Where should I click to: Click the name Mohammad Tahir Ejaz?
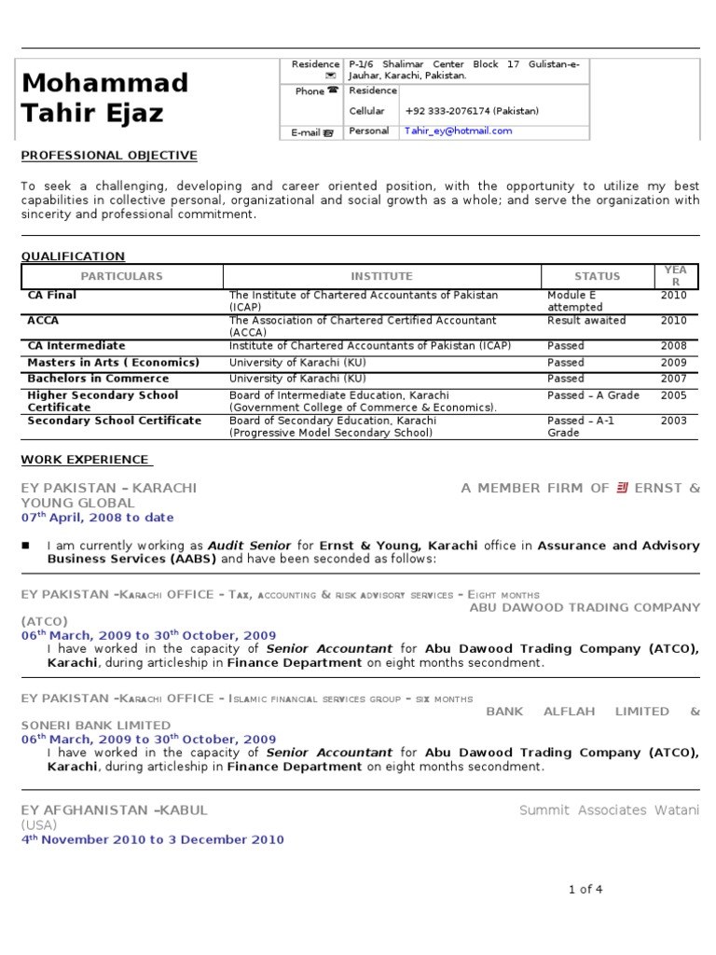click(104, 98)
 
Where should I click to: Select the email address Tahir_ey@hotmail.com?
click(458, 131)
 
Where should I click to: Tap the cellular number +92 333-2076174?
click(472, 111)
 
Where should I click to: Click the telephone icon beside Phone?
click(333, 91)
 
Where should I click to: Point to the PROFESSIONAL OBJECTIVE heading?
click(109, 156)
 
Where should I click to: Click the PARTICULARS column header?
click(121, 276)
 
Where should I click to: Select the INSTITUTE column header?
click(381, 276)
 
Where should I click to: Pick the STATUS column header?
click(597, 276)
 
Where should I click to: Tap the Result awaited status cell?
click(586, 321)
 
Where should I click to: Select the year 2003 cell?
click(673, 421)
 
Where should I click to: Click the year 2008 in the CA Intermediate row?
click(673, 346)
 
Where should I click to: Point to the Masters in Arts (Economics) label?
click(114, 363)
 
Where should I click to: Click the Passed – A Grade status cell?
click(593, 395)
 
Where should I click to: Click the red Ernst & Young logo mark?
click(622, 488)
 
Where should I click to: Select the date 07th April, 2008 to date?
click(98, 518)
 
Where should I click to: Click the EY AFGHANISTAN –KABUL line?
click(115, 810)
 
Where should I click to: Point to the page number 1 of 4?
click(585, 890)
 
